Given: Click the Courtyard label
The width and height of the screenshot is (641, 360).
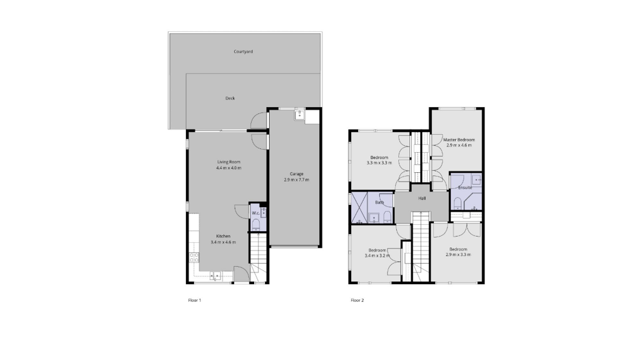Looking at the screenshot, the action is [x=244, y=51].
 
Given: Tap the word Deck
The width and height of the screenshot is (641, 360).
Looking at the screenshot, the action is [x=230, y=98].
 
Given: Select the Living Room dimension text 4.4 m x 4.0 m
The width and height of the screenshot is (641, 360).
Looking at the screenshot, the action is [x=228, y=168].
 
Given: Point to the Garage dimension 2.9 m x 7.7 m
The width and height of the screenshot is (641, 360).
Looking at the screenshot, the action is [x=296, y=180].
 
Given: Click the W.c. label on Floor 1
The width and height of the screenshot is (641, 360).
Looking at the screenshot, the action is [x=256, y=213].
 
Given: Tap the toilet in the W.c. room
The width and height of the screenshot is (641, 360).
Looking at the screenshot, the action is [x=256, y=225].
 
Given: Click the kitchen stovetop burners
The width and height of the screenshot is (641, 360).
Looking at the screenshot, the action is [x=194, y=257].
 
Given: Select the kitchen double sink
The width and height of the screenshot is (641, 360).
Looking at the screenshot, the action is [x=215, y=276].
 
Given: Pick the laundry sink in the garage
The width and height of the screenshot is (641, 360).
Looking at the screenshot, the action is [x=300, y=114].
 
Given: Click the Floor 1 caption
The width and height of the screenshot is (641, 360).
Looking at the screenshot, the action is [x=195, y=301].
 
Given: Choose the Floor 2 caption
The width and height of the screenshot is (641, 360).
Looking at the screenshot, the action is [x=357, y=301].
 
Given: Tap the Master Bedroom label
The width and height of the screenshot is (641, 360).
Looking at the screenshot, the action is [x=459, y=140].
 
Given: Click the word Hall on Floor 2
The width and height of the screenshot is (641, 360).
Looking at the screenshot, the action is [x=423, y=198].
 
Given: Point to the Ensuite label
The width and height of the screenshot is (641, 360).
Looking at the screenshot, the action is [x=465, y=188].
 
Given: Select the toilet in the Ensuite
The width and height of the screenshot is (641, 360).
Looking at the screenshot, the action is [x=458, y=203].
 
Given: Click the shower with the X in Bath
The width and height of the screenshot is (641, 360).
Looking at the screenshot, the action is [x=359, y=208].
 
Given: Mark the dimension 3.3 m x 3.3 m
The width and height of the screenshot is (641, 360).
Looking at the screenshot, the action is [x=379, y=163].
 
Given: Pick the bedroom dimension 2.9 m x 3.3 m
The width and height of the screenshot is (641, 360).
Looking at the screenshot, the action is [x=458, y=254].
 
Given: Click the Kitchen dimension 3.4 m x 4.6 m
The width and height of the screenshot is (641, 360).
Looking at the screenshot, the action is [x=223, y=242].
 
